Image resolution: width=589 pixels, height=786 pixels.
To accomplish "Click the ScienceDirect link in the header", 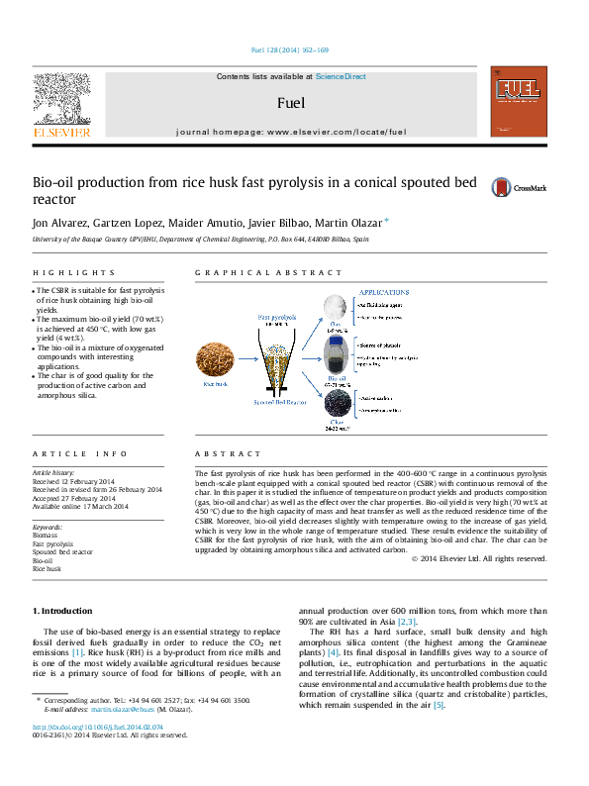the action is pyautogui.click(x=341, y=76).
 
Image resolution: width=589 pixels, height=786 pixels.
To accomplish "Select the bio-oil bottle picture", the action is pyautogui.click(x=337, y=355).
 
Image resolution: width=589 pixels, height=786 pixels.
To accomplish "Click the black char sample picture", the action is pyautogui.click(x=337, y=406).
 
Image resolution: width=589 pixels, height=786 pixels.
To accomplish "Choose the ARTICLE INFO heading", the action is pyautogui.click(x=80, y=453).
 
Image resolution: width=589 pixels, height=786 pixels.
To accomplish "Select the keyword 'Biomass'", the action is pyautogui.click(x=47, y=536).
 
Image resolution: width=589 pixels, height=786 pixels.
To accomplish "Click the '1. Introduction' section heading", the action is pyautogui.click(x=62, y=611).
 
